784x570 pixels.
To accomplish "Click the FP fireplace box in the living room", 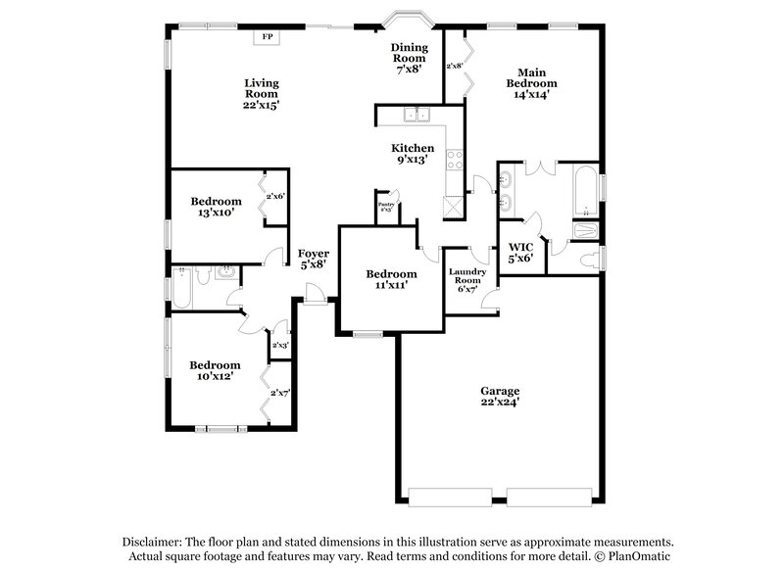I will (267, 38).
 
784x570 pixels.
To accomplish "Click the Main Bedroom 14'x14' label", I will (532, 83).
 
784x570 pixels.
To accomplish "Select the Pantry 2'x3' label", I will (386, 207).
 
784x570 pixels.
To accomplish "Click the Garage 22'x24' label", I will (500, 396).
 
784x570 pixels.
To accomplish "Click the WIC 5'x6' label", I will (519, 252).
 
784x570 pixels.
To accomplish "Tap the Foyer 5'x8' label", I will (312, 258).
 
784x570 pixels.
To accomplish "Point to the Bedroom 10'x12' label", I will (216, 370).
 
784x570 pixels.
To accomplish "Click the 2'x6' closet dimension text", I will (275, 197).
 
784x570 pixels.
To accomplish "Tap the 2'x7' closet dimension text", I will (280, 393).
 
